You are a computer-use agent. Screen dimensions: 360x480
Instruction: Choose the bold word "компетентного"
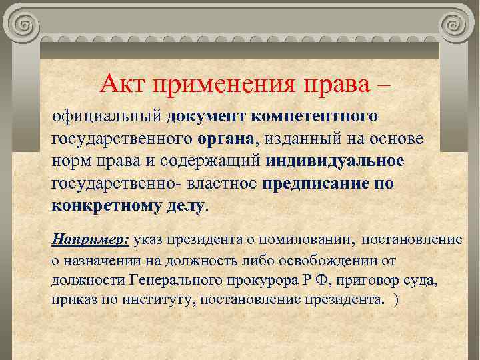[x=315, y=117]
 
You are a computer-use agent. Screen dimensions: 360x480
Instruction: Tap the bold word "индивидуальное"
[x=335, y=162]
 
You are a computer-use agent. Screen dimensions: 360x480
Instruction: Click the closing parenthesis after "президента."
[x=397, y=300]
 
